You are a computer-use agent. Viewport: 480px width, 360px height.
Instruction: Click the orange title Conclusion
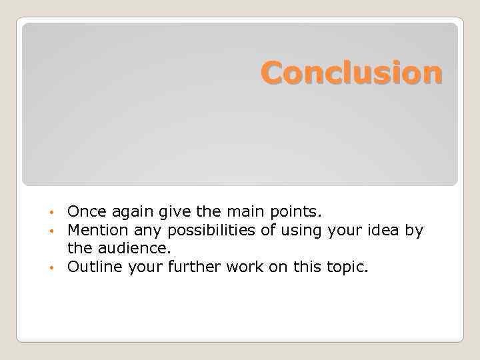tap(351, 73)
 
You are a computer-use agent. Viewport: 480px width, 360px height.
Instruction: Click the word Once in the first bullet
tap(84, 212)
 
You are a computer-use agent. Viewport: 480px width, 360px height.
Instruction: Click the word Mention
tap(97, 231)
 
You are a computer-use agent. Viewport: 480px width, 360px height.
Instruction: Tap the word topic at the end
tap(347, 267)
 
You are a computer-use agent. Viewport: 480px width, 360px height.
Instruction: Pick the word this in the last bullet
tap(308, 267)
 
